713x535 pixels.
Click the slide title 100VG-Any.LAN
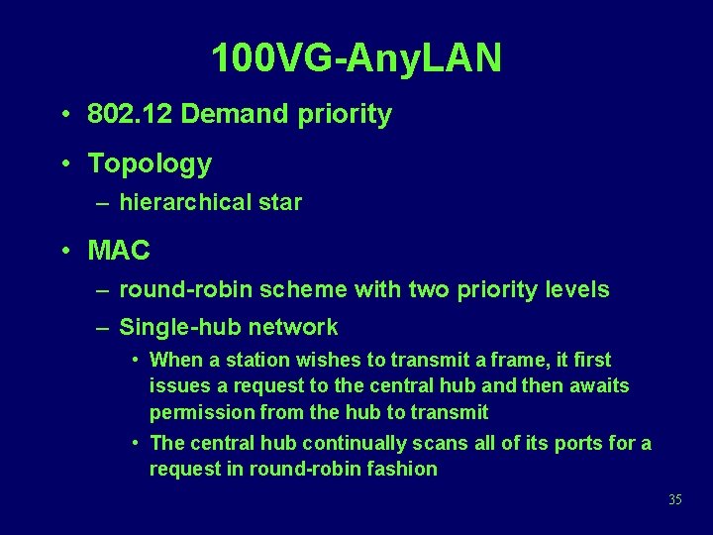click(356, 58)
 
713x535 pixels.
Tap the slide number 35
click(674, 500)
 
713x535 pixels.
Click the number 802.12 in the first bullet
click(131, 115)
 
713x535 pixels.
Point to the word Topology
click(150, 163)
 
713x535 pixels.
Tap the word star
click(280, 203)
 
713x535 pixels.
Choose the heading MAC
click(119, 251)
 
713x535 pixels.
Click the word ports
click(573, 443)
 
